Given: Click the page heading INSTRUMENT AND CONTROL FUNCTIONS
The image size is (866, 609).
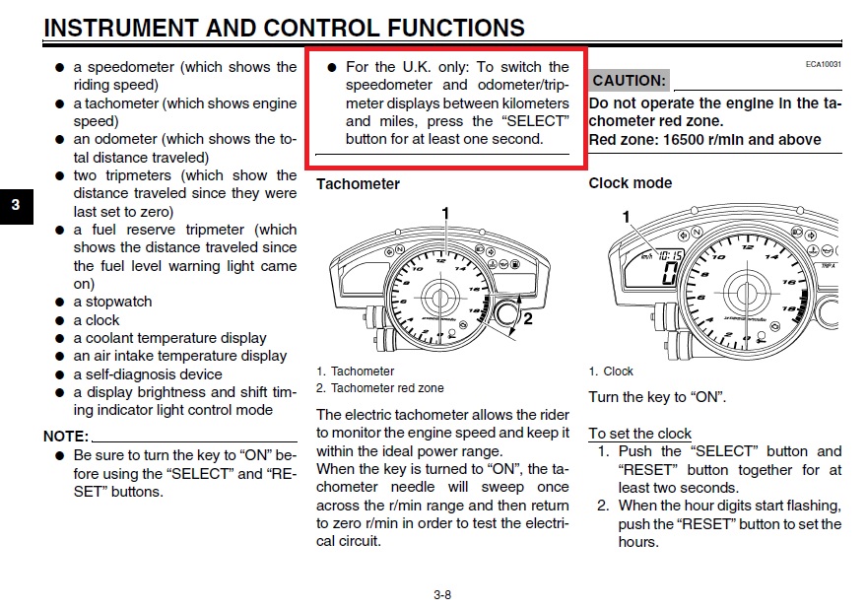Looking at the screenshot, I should [284, 28].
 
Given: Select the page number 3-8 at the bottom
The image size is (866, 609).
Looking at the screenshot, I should [441, 594].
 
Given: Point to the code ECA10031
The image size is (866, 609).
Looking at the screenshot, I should [825, 64].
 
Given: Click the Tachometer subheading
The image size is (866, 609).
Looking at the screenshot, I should [358, 183].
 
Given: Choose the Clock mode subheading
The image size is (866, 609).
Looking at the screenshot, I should [630, 182].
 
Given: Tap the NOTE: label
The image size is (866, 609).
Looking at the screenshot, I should [66, 436].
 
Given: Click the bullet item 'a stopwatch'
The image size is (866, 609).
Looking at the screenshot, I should [112, 302].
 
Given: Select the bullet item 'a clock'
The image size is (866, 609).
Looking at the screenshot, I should [97, 320].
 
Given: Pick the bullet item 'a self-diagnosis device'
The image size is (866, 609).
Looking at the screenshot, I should [148, 374].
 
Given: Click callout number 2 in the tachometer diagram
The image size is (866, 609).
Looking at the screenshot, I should [527, 318].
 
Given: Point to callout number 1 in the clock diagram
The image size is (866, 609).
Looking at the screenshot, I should [625, 215].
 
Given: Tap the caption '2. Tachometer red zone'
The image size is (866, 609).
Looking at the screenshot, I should [380, 388].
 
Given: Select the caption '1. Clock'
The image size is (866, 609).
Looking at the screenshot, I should [611, 371].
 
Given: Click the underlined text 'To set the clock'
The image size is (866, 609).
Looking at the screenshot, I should [639, 434].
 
